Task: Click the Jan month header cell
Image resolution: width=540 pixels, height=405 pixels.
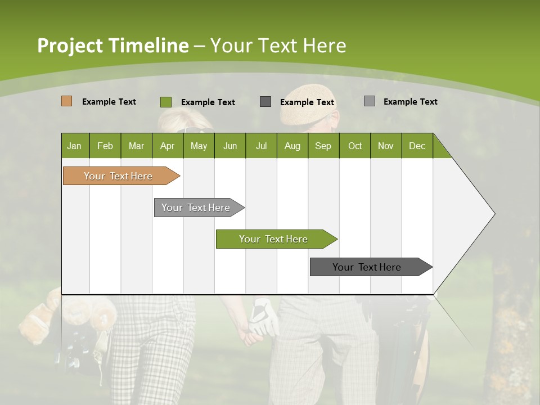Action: coord(75,146)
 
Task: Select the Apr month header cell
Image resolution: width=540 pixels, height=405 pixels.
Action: coord(167,146)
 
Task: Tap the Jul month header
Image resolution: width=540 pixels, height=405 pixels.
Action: coord(261,146)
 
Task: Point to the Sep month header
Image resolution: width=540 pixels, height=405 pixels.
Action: coord(323,146)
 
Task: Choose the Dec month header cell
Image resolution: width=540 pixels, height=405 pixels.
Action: coord(417,146)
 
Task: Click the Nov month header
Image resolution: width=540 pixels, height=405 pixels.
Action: coord(385,146)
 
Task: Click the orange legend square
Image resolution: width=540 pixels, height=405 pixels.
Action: coord(66,101)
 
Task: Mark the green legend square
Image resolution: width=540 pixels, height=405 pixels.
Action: coord(165,102)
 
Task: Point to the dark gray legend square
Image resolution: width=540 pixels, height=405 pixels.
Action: coord(265,102)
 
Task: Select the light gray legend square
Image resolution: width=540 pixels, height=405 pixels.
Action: coord(369,101)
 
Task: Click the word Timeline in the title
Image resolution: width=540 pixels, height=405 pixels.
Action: coord(148,46)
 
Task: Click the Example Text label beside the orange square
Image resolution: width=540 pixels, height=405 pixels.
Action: coord(109,102)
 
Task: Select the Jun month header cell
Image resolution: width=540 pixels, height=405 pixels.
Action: coord(229,146)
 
